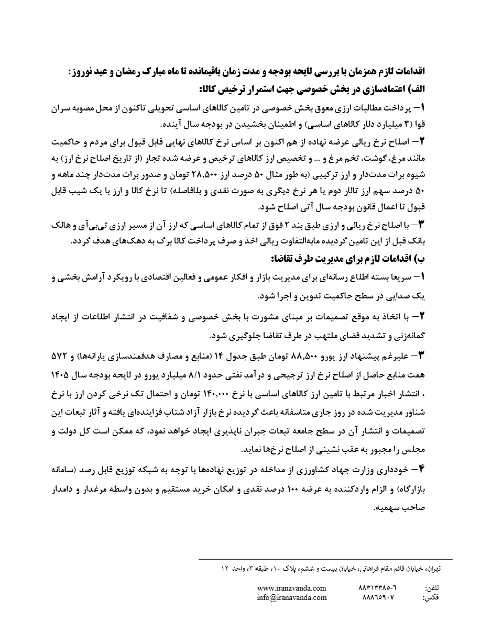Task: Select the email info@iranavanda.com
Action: click(x=292, y=597)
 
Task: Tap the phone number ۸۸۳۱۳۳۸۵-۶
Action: click(x=378, y=588)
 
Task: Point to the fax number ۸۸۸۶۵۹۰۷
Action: click(x=378, y=597)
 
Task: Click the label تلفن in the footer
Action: click(x=431, y=588)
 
